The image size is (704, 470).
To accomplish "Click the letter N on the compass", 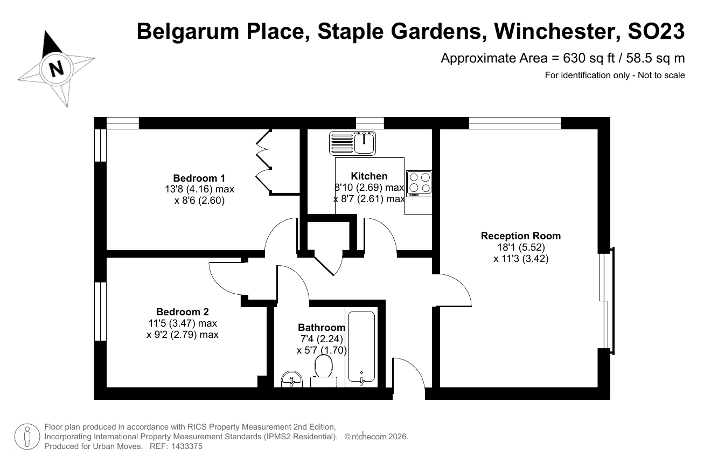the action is [57, 68].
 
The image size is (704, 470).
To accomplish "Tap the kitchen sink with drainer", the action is [352, 143].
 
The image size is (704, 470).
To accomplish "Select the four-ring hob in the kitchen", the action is [419, 184].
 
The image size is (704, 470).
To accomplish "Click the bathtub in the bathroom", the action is [361, 347].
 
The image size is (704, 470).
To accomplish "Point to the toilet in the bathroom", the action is [323, 371].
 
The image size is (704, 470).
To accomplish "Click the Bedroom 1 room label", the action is [199, 178].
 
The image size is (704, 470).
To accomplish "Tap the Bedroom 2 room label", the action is [183, 312].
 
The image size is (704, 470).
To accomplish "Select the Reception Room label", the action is [521, 236].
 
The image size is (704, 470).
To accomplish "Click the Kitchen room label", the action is [369, 176].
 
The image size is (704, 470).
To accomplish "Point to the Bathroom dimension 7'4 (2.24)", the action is [322, 339].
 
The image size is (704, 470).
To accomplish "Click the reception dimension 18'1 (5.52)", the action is [521, 247].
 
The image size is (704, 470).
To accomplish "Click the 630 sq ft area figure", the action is [589, 59].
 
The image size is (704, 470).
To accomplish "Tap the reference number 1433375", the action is [187, 446].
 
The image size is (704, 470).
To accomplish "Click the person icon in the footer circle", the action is [27, 437].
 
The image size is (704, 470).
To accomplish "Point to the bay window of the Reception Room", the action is [607, 301].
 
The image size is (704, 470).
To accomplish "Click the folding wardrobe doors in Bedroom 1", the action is [263, 161].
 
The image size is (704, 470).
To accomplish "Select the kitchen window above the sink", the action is [370, 123].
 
